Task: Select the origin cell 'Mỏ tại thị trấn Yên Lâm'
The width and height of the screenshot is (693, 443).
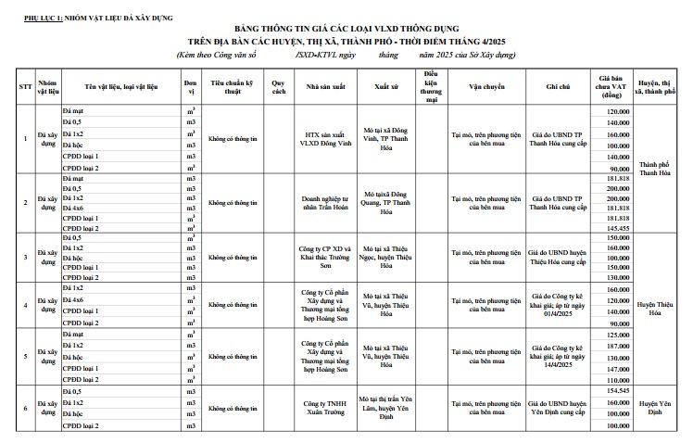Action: coord(385,408)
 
